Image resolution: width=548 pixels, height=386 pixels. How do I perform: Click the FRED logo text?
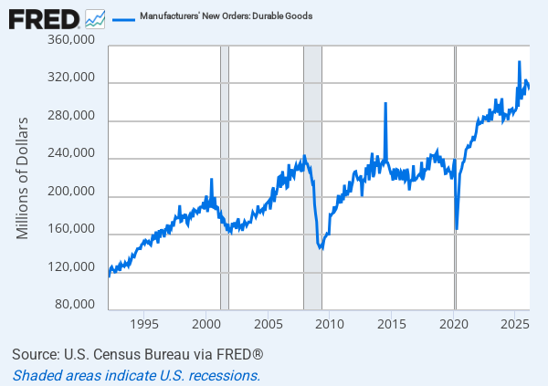click(44, 19)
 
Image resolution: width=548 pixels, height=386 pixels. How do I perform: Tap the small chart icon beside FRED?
click(95, 19)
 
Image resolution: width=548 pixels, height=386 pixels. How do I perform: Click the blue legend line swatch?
click(123, 19)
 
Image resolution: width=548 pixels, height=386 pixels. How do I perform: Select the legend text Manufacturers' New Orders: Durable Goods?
click(227, 16)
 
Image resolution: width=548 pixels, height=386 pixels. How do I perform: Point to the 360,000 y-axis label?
click(71, 39)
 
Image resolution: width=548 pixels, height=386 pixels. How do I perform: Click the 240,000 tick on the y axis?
click(71, 152)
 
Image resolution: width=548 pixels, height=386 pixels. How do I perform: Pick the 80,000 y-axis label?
click(75, 304)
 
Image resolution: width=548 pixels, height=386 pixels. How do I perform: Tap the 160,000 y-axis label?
click(71, 228)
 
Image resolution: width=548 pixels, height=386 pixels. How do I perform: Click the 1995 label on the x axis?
click(144, 324)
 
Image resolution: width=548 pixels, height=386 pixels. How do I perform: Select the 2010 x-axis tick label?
click(330, 324)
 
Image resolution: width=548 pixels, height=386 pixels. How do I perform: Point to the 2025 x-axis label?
click(515, 324)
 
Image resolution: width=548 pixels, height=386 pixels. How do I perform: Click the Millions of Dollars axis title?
click(22, 178)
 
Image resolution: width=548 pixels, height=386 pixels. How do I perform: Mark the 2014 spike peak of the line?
click(385, 103)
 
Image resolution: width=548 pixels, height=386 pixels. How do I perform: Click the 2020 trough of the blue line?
click(457, 229)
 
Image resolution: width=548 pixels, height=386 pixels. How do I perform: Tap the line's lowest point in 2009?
click(321, 248)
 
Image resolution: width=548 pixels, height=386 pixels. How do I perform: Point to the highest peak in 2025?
click(520, 62)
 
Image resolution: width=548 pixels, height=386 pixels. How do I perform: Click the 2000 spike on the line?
click(212, 180)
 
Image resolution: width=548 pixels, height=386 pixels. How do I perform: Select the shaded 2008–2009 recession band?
click(312, 178)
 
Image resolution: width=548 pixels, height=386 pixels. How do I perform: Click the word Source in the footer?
click(36, 354)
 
